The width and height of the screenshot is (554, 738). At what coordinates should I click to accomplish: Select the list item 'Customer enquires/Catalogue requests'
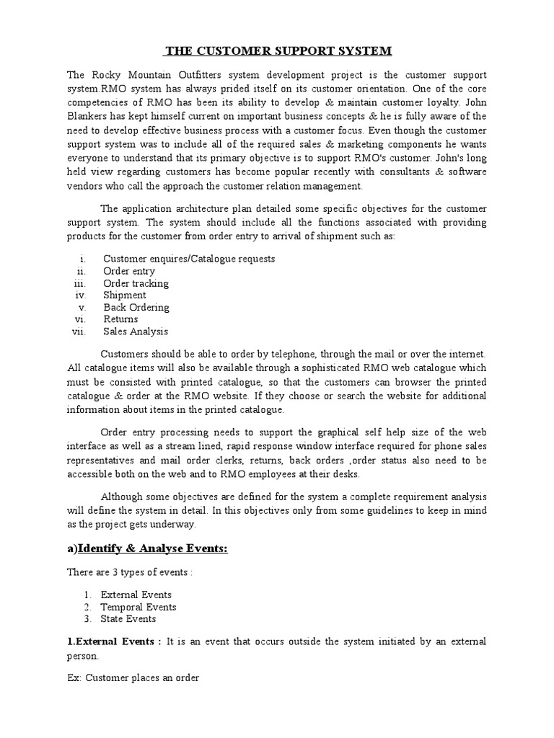click(x=188, y=259)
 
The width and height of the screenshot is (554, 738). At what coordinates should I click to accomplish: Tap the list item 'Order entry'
click(x=128, y=271)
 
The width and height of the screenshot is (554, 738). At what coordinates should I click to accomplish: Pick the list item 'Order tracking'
click(x=136, y=283)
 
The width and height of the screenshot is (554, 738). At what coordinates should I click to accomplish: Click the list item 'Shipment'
click(x=124, y=295)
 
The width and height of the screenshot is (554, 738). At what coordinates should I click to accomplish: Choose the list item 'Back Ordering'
click(x=136, y=307)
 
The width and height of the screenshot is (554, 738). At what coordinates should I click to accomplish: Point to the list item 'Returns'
click(x=120, y=319)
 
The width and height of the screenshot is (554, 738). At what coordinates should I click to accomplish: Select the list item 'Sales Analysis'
click(x=135, y=332)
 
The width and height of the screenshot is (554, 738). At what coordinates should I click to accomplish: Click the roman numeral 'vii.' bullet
click(x=79, y=332)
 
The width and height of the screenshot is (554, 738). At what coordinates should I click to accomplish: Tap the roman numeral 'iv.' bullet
click(x=80, y=295)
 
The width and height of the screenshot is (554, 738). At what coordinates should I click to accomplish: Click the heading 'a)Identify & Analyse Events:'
click(x=147, y=549)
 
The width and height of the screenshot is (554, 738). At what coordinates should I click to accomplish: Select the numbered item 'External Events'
click(x=136, y=595)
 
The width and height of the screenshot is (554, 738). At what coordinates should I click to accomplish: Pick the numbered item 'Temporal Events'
click(x=138, y=607)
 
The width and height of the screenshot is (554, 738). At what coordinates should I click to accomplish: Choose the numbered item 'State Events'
click(x=128, y=618)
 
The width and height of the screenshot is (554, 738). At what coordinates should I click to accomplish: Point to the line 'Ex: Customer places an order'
click(x=133, y=678)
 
